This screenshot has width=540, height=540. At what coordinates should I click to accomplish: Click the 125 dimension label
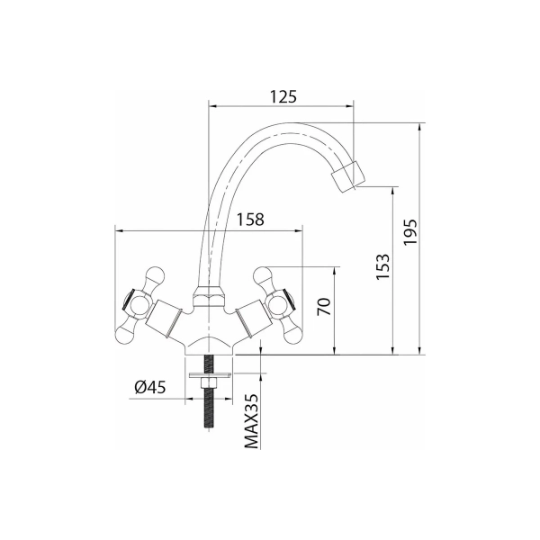tap(283, 97)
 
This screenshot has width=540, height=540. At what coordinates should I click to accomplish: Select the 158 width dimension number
tap(250, 220)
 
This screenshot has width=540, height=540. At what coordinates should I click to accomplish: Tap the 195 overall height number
tap(410, 232)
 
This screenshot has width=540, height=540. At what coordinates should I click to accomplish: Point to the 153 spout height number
tap(382, 267)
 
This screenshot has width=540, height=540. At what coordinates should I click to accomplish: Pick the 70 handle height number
tap(324, 307)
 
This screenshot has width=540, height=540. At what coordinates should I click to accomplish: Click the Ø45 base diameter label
tap(150, 387)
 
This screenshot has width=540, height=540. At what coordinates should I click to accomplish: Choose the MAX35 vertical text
tap(252, 421)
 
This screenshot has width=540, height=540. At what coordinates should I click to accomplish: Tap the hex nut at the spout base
tap(209, 297)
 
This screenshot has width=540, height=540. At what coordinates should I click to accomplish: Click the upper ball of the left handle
tap(156, 275)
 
